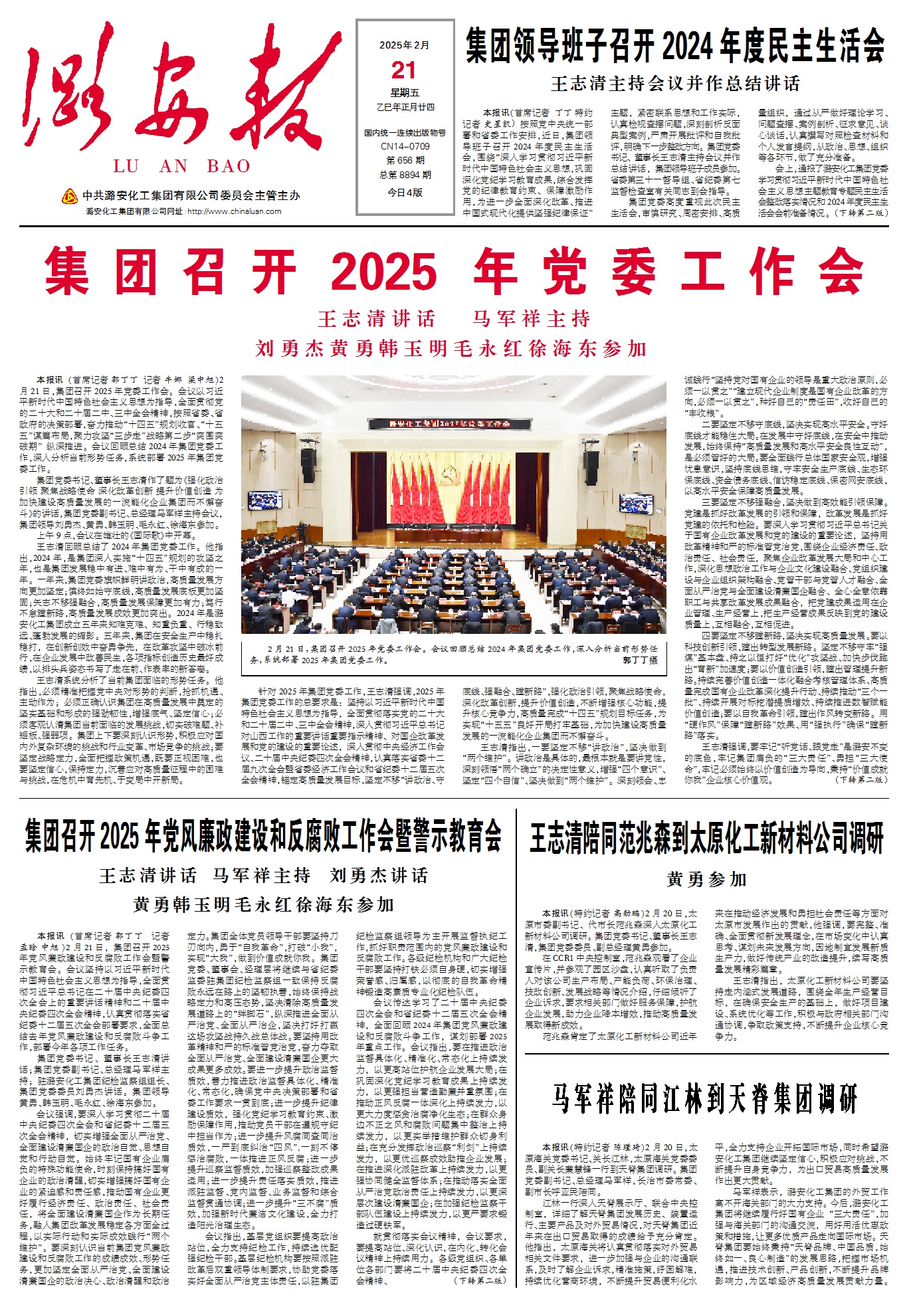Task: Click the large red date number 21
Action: pyautogui.click(x=404, y=70)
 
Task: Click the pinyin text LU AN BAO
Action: pyautogui.click(x=181, y=166)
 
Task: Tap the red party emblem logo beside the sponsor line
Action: pyautogui.click(x=69, y=196)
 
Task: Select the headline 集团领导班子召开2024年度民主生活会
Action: pyautogui.click(x=675, y=45)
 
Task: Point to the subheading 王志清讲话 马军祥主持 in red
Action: pyautogui.click(x=454, y=319)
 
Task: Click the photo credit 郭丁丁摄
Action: pyautogui.click(x=639, y=660)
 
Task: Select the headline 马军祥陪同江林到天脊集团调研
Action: pyautogui.click(x=705, y=1098)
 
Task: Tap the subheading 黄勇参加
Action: pyautogui.click(x=706, y=880)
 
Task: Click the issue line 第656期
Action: pyautogui.click(x=405, y=160)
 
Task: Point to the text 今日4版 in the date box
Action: pyautogui.click(x=405, y=192)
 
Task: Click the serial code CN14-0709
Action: pyautogui.click(x=405, y=146)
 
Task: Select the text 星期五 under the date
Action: pyautogui.click(x=405, y=92)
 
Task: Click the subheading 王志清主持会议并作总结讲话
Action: pyautogui.click(x=675, y=84)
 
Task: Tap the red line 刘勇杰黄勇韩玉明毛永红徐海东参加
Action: pyautogui.click(x=451, y=349)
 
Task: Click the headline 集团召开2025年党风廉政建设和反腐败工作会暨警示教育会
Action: pyautogui.click(x=263, y=837)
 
